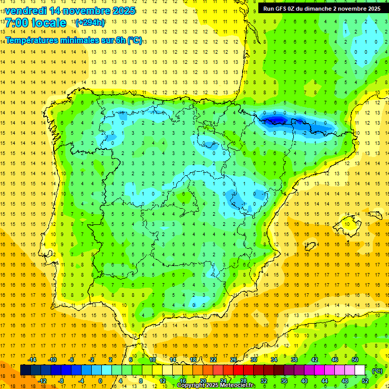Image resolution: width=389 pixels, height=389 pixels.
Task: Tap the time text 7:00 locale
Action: coord(35,23)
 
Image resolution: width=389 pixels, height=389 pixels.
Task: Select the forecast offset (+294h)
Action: coord(90,23)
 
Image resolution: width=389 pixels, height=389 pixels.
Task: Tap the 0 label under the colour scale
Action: coord(100,381)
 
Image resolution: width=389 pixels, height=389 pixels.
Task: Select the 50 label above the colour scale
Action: coord(355,360)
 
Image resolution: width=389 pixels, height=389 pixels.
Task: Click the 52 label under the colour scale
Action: coord(365,381)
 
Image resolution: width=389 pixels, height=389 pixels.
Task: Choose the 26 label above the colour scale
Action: coord(234,360)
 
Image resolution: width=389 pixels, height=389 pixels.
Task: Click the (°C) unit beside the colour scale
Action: coord(377,370)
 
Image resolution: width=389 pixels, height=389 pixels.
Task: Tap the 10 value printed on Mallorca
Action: coord(347,224)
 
